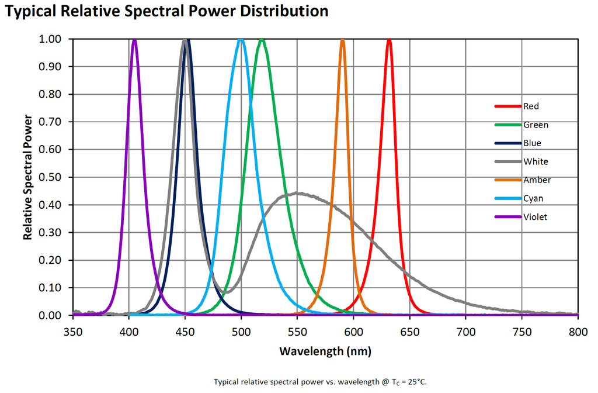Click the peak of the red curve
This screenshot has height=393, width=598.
(x=389, y=40)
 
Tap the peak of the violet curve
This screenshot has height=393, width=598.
(x=134, y=40)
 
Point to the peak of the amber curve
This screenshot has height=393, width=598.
(x=343, y=40)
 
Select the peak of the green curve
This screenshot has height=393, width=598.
(x=262, y=40)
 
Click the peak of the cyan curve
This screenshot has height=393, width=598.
(x=241, y=40)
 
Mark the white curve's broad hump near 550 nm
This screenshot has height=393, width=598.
(x=298, y=193)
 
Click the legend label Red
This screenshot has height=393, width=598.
(x=531, y=106)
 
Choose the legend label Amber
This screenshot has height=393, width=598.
(x=537, y=180)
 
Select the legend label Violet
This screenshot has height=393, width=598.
(x=536, y=217)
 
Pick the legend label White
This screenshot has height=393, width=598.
(x=536, y=161)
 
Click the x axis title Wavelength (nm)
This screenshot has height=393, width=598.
(x=325, y=352)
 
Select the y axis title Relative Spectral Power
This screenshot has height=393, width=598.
(x=28, y=177)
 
